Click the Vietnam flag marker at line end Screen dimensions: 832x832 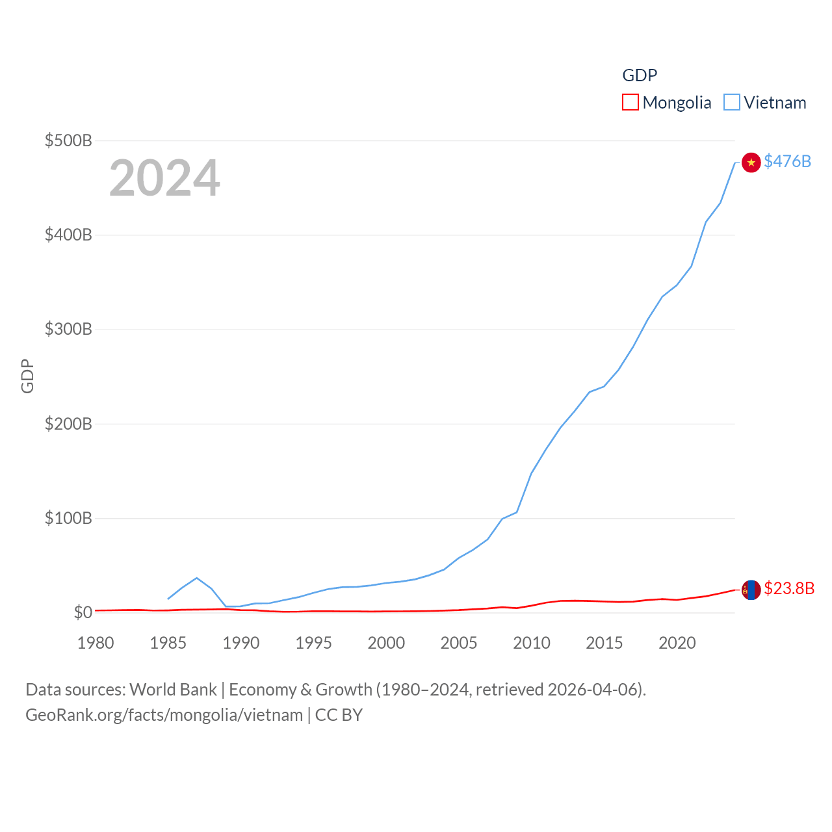(x=751, y=162)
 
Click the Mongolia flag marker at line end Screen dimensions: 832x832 (x=751, y=590)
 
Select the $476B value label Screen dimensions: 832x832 (x=787, y=161)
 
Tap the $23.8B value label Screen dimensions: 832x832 (x=788, y=588)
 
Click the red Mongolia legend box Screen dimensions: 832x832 (x=630, y=102)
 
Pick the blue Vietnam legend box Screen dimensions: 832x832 (x=732, y=102)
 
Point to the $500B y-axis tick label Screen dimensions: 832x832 (x=68, y=140)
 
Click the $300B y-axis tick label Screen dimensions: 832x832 (x=68, y=329)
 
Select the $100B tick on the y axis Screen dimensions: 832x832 (x=68, y=518)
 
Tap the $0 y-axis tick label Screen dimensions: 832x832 (x=83, y=612)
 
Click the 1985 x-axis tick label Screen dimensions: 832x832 (x=168, y=643)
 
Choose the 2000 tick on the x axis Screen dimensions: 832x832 (x=386, y=643)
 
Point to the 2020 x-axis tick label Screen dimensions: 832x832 (x=677, y=643)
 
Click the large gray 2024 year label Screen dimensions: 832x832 (x=164, y=178)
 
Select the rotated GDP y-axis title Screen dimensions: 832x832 (x=27, y=376)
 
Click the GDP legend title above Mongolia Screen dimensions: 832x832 (x=640, y=75)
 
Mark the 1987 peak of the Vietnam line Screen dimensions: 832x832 (x=196, y=578)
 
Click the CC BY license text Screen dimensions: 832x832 (x=339, y=715)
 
